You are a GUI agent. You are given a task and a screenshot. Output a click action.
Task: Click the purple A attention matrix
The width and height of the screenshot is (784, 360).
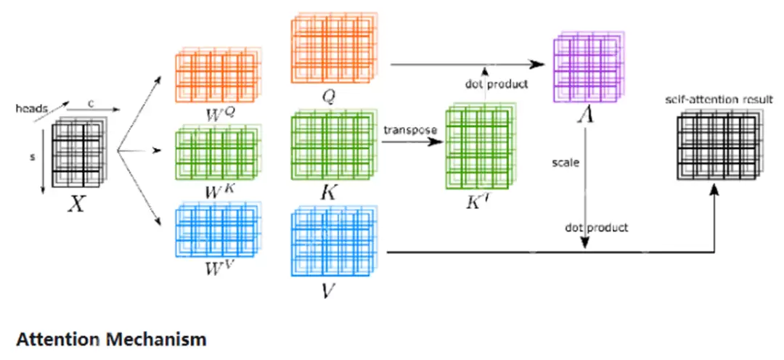pos(584,65)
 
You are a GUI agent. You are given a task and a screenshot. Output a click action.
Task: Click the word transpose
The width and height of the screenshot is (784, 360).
pos(411,130)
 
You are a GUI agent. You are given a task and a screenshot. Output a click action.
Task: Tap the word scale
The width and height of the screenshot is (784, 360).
pos(565,163)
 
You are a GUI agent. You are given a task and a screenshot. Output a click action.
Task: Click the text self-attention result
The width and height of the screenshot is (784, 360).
pos(719,99)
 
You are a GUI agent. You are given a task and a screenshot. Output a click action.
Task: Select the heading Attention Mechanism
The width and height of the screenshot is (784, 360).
pos(110,338)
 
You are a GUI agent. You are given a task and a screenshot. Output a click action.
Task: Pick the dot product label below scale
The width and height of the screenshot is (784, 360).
pos(597,228)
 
